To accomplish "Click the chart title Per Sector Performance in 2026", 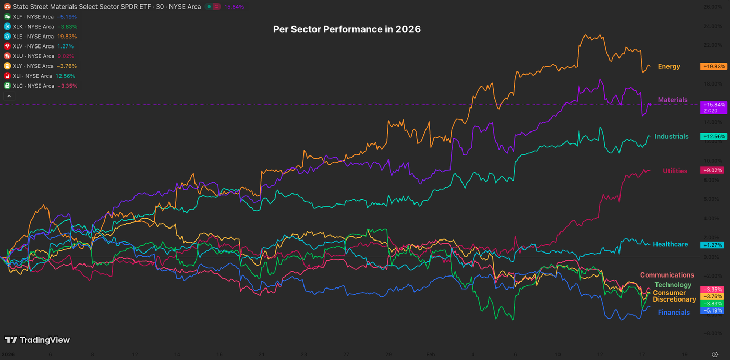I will point(347,29).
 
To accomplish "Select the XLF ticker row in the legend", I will point(36,17).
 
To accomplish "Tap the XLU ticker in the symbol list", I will point(36,56).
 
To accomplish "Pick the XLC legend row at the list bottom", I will point(36,86).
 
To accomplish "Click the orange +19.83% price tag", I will point(714,67).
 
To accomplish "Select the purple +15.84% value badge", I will point(714,105).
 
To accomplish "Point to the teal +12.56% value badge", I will point(714,137).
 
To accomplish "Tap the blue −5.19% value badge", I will point(712,310).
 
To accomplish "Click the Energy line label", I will point(669,67).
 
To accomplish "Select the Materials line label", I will point(673,100).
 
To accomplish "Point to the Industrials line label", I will point(672,137).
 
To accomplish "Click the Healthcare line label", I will point(671,244).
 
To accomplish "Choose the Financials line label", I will point(674,313).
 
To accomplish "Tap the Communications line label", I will point(667,275).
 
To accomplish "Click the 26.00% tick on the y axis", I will point(712,7).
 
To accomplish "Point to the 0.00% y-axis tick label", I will point(713,257).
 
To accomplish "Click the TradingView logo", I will point(37,340).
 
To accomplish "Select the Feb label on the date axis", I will point(431,354).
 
